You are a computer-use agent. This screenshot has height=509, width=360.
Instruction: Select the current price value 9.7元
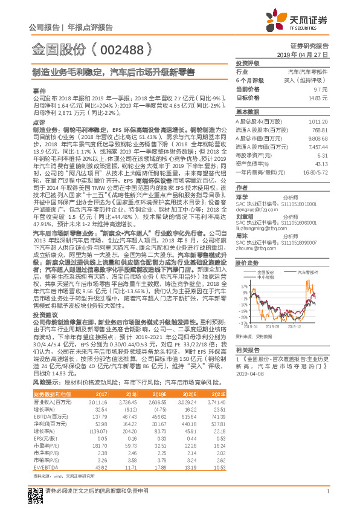pos(321,89)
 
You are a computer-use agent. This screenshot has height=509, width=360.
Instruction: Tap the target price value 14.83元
pos(318,97)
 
